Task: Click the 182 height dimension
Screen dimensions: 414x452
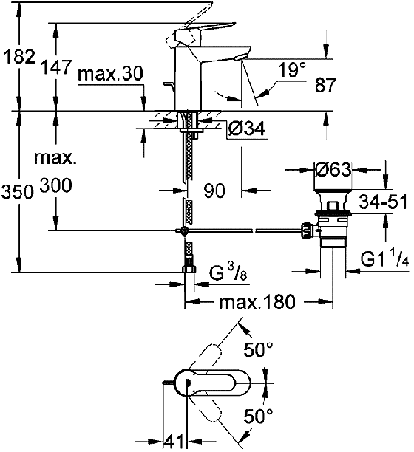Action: (x=19, y=56)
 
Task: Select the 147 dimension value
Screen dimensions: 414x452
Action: (x=55, y=67)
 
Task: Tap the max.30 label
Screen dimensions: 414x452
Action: (x=110, y=74)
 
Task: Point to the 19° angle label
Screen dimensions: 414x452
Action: (x=292, y=70)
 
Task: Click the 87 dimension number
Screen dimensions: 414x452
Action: (x=326, y=85)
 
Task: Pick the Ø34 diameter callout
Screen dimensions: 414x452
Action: (x=246, y=129)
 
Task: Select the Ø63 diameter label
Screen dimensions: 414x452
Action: (x=333, y=170)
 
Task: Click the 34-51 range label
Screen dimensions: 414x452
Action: (x=383, y=202)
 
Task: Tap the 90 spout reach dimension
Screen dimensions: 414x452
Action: (x=214, y=191)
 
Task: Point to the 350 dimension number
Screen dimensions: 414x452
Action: (x=17, y=192)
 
